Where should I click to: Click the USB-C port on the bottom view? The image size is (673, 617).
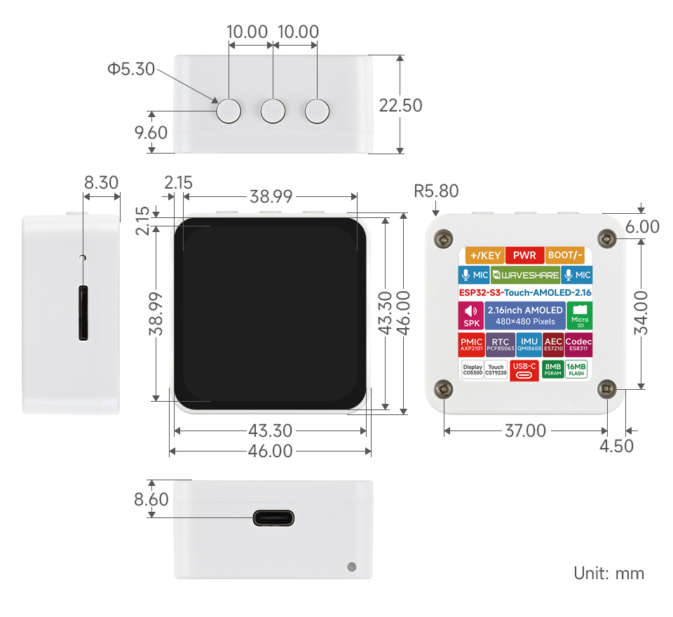tap(273, 519)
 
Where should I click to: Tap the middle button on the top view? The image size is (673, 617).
tap(273, 111)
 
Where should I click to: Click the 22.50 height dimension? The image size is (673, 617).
tap(400, 105)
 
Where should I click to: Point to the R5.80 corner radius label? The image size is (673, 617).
tap(436, 191)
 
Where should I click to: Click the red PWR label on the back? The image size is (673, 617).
tap(524, 255)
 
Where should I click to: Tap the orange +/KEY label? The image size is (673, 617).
tap(486, 255)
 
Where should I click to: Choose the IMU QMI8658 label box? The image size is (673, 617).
tap(529, 344)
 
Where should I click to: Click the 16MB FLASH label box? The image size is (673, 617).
tap(576, 369)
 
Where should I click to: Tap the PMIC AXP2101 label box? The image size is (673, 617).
tap(471, 344)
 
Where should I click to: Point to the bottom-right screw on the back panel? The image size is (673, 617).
tap(606, 388)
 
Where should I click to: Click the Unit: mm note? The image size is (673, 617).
tap(609, 573)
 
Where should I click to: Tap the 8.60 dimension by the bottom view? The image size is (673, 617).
tap(151, 499)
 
